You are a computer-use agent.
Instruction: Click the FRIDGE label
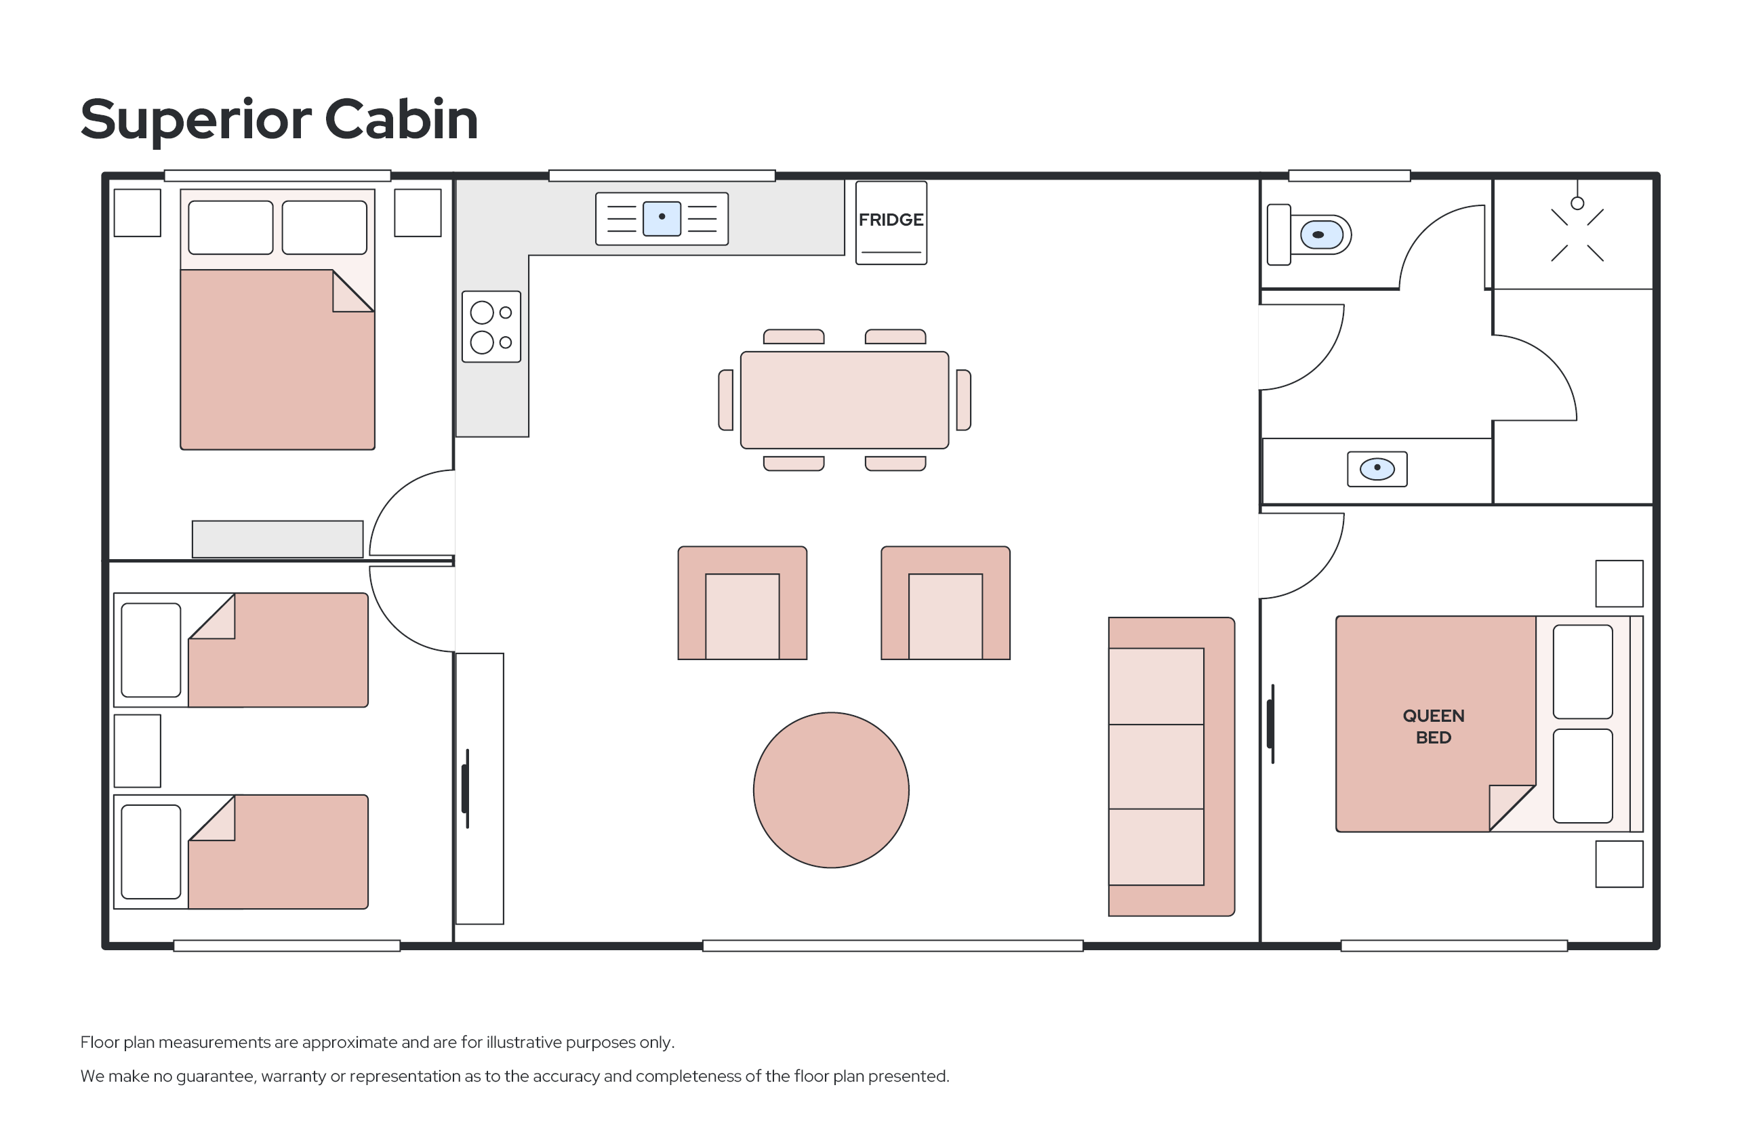(891, 220)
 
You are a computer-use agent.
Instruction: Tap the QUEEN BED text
(1434, 726)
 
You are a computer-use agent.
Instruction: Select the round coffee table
(831, 790)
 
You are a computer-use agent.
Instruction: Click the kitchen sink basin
(662, 219)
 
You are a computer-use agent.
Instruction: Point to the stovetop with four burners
(491, 327)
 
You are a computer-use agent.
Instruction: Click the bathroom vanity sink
(1377, 469)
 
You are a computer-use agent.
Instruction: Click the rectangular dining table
(845, 400)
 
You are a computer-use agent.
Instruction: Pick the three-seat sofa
(1171, 767)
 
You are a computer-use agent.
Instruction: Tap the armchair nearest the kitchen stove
(742, 603)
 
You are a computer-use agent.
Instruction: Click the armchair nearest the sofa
(946, 603)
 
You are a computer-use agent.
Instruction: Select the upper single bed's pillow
(150, 650)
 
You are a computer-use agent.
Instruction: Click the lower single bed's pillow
(150, 852)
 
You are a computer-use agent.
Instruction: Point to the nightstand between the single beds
(138, 751)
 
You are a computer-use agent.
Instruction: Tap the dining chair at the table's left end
(725, 400)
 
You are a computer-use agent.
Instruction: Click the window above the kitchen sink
(662, 176)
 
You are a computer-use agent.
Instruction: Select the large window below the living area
(893, 945)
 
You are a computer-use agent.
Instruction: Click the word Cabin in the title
(401, 119)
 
